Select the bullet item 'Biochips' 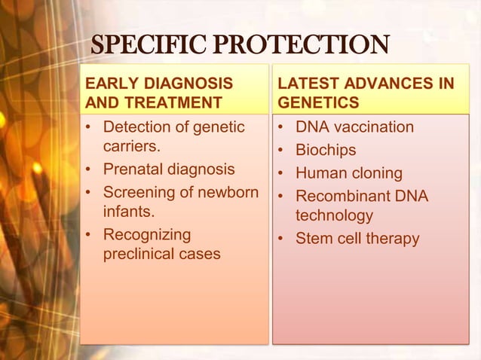(326, 150)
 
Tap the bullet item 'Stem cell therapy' (357, 239)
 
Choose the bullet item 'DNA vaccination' (354, 127)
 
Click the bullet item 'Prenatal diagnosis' (169, 169)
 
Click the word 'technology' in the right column (334, 216)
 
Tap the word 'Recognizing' (147, 234)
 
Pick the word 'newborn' (227, 192)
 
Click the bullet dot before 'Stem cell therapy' (281, 239)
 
